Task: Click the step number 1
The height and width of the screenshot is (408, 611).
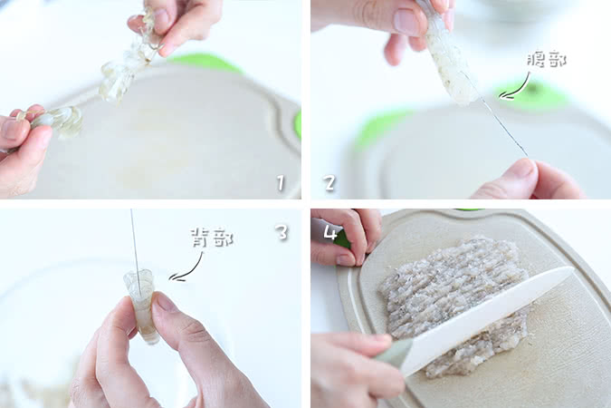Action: click(281, 183)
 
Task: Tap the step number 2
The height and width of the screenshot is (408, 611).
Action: click(329, 183)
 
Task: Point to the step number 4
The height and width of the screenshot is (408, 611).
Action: click(330, 233)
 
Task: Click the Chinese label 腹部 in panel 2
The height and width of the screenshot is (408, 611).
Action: click(547, 60)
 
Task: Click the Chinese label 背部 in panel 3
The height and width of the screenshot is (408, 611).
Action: click(213, 238)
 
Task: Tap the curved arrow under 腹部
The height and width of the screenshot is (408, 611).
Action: click(516, 86)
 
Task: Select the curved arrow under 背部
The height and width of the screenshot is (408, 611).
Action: click(187, 267)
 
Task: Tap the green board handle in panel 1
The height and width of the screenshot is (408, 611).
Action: click(206, 63)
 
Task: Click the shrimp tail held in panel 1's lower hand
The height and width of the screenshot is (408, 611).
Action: click(59, 119)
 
